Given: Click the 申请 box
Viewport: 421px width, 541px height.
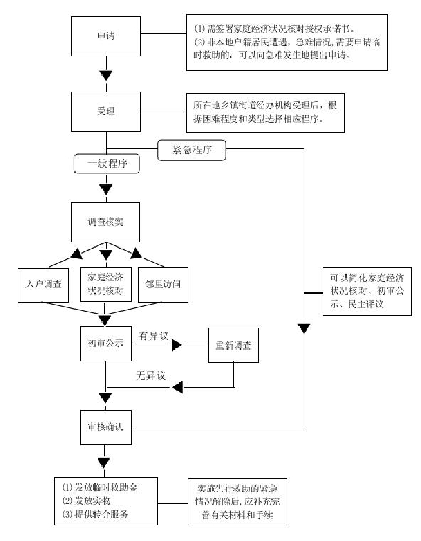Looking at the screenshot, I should coord(106,37).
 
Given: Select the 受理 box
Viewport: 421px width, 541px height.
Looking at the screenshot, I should coord(106,111).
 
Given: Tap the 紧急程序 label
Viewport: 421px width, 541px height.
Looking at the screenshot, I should coord(191,151).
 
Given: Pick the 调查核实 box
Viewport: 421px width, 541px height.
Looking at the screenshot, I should coord(106,222).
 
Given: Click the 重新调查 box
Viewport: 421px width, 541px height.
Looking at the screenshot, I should coord(233,344).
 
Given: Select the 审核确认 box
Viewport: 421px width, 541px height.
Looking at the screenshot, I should coord(106,426).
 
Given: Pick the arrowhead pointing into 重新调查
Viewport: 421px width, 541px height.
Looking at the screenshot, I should coord(177,345).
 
